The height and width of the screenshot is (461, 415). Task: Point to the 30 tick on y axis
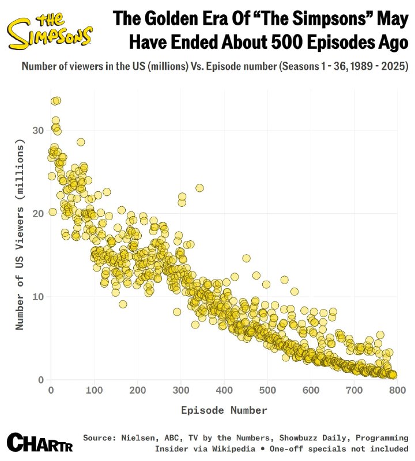click(38, 130)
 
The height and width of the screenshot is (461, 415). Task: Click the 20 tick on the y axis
click(38, 214)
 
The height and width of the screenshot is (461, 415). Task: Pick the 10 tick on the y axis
click(38, 297)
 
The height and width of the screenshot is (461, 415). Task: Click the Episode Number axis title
click(224, 410)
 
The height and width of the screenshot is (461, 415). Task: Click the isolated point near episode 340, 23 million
click(199, 188)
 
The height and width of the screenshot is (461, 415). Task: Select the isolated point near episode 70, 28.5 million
click(81, 142)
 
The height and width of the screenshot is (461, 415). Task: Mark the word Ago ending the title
click(388, 43)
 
